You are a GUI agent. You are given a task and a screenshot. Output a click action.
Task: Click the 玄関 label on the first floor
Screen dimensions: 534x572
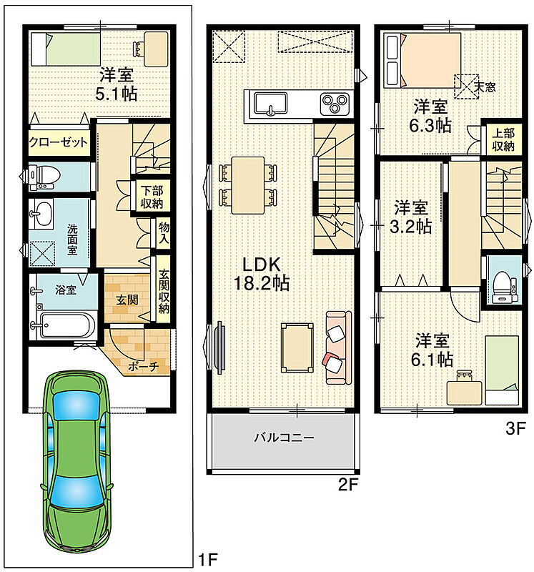[x=127, y=300]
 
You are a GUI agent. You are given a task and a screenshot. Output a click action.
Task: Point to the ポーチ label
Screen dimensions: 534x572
[x=144, y=366]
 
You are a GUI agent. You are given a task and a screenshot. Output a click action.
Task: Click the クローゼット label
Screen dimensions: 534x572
[x=59, y=142]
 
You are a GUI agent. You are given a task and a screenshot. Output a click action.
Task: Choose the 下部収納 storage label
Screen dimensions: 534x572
[x=152, y=197]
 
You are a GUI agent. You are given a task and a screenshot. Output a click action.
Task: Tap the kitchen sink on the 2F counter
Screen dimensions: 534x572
[x=270, y=104]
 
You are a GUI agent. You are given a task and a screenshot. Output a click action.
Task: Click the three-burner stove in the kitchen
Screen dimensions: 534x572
[x=335, y=104]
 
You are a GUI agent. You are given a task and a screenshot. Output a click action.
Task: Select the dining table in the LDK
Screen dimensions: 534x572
[x=248, y=185]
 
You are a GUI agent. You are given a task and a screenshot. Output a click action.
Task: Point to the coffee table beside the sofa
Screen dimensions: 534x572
[x=297, y=348]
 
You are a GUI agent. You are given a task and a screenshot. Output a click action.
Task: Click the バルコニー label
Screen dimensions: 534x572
[x=284, y=437]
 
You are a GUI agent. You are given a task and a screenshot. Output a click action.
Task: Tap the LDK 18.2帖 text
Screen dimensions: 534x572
[x=261, y=274]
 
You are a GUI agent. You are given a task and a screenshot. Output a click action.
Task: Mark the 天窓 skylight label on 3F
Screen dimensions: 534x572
[x=485, y=87]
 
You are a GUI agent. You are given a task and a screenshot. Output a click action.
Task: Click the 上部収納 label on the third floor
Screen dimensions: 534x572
[x=503, y=139]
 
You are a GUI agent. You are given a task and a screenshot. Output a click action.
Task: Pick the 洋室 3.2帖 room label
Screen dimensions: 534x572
[x=411, y=217]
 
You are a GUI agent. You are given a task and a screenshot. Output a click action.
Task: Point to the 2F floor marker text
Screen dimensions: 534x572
[x=348, y=485]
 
